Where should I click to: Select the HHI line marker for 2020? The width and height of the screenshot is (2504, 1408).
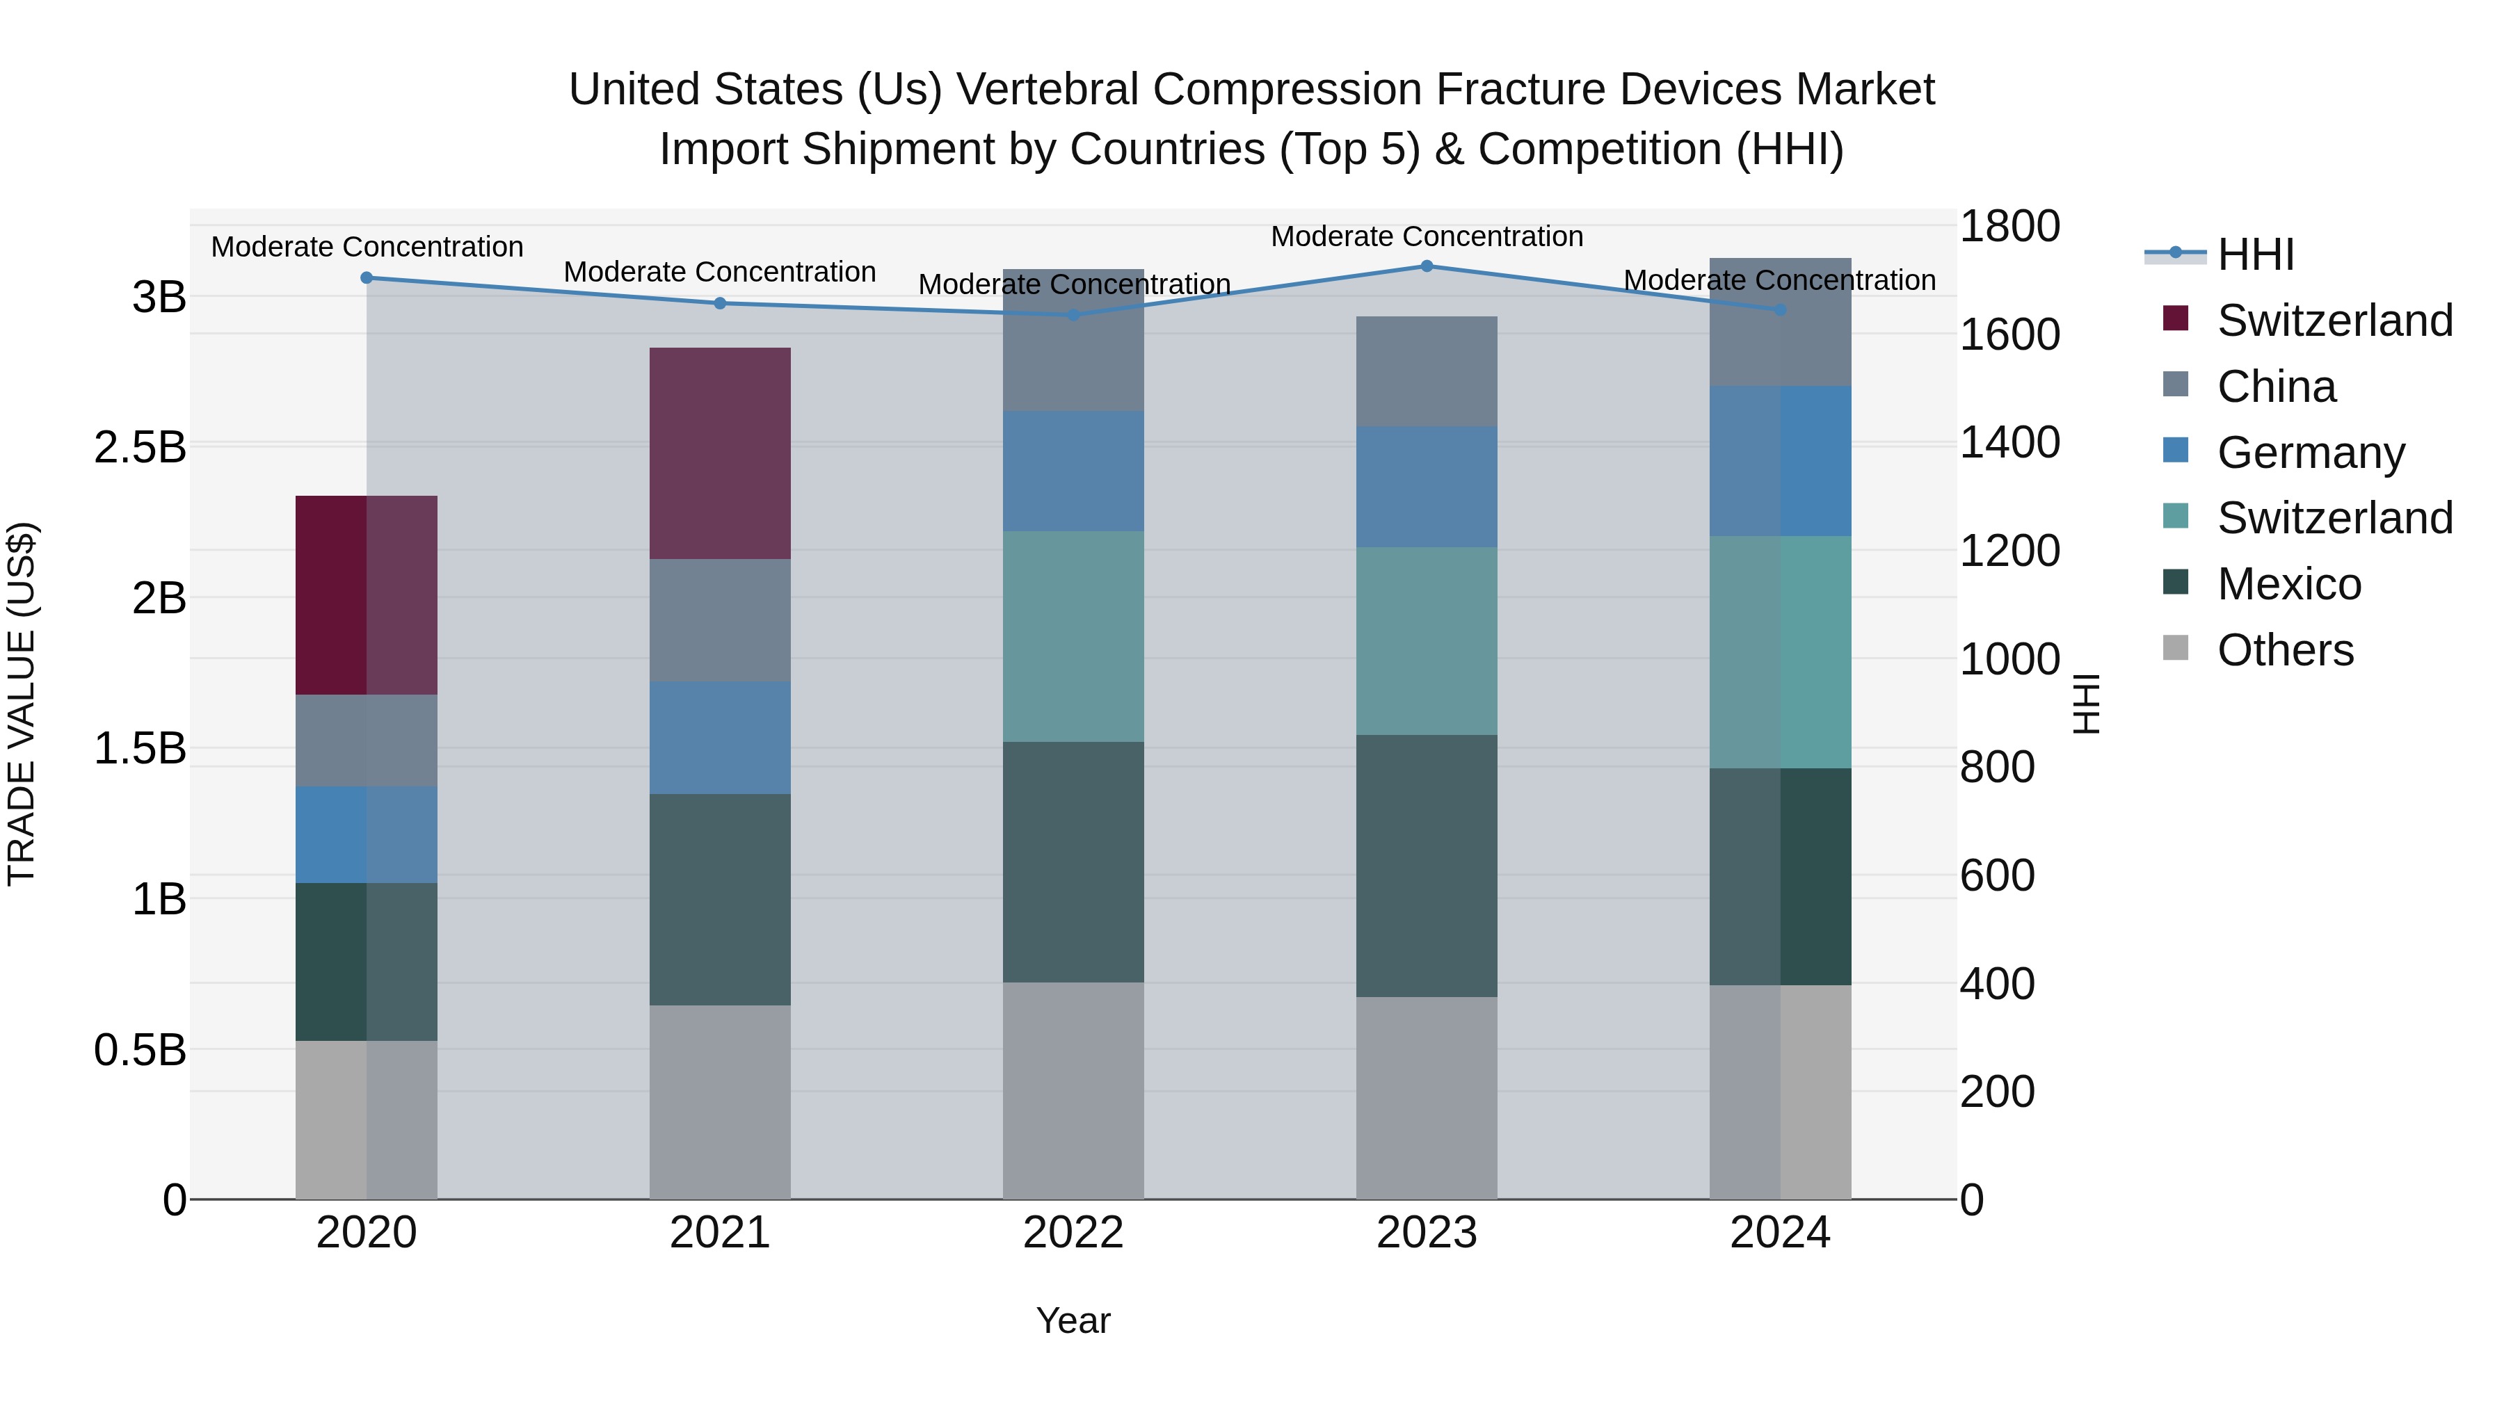pyautogui.click(x=367, y=278)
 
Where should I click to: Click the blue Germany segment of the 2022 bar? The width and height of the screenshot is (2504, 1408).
pyautogui.click(x=1073, y=471)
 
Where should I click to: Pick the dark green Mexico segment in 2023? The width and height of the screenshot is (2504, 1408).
pyautogui.click(x=1426, y=866)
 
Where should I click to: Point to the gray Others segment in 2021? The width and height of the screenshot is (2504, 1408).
pyautogui.click(x=719, y=1102)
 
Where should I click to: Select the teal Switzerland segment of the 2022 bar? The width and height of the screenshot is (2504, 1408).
pyautogui.click(x=1073, y=636)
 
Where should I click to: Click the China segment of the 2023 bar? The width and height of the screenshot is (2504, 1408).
pyautogui.click(x=1426, y=371)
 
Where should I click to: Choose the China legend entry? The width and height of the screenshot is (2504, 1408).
pyautogui.click(x=2276, y=387)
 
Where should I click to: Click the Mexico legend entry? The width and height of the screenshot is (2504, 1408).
pyautogui.click(x=2288, y=584)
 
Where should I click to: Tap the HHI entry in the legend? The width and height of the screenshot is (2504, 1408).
pyautogui.click(x=2255, y=254)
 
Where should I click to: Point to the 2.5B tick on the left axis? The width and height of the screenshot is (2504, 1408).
pyautogui.click(x=140, y=447)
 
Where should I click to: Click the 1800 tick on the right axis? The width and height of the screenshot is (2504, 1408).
pyautogui.click(x=2008, y=227)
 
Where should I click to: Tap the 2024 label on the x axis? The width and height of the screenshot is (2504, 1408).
pyautogui.click(x=1780, y=1233)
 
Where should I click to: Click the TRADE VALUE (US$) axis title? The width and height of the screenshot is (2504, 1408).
pyautogui.click(x=22, y=704)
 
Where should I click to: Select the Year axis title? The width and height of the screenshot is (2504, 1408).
pyautogui.click(x=1073, y=1320)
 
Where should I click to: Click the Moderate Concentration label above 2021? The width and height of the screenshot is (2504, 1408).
pyautogui.click(x=719, y=272)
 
